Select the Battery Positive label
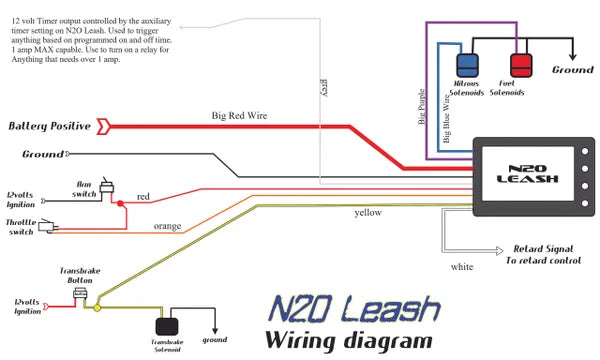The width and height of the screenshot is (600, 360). click(x=50, y=127)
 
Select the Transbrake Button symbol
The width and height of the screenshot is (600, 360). click(x=87, y=291)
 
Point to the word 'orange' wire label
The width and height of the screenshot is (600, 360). click(x=167, y=226)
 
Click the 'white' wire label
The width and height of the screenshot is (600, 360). click(x=462, y=267)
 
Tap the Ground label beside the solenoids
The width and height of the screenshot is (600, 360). click(x=573, y=71)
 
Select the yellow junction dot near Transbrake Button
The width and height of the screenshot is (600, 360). click(x=97, y=308)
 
